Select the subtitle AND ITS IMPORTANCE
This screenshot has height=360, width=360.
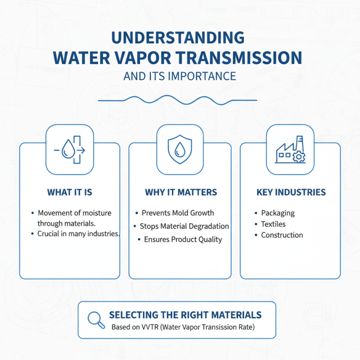[180, 76]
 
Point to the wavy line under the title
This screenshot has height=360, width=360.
[177, 99]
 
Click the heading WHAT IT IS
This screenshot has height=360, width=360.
[70, 193]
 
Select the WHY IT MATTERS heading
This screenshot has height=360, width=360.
[181, 193]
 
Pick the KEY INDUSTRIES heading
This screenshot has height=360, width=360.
[291, 193]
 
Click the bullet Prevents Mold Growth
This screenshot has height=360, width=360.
[178, 213]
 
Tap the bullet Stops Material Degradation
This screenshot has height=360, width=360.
[184, 226]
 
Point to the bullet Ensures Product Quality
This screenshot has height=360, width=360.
[183, 239]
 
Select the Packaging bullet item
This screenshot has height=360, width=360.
[278, 213]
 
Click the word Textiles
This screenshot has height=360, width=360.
[273, 224]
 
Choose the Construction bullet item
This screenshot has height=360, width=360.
[282, 235]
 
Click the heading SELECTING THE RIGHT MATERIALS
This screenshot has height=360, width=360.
[185, 315]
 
